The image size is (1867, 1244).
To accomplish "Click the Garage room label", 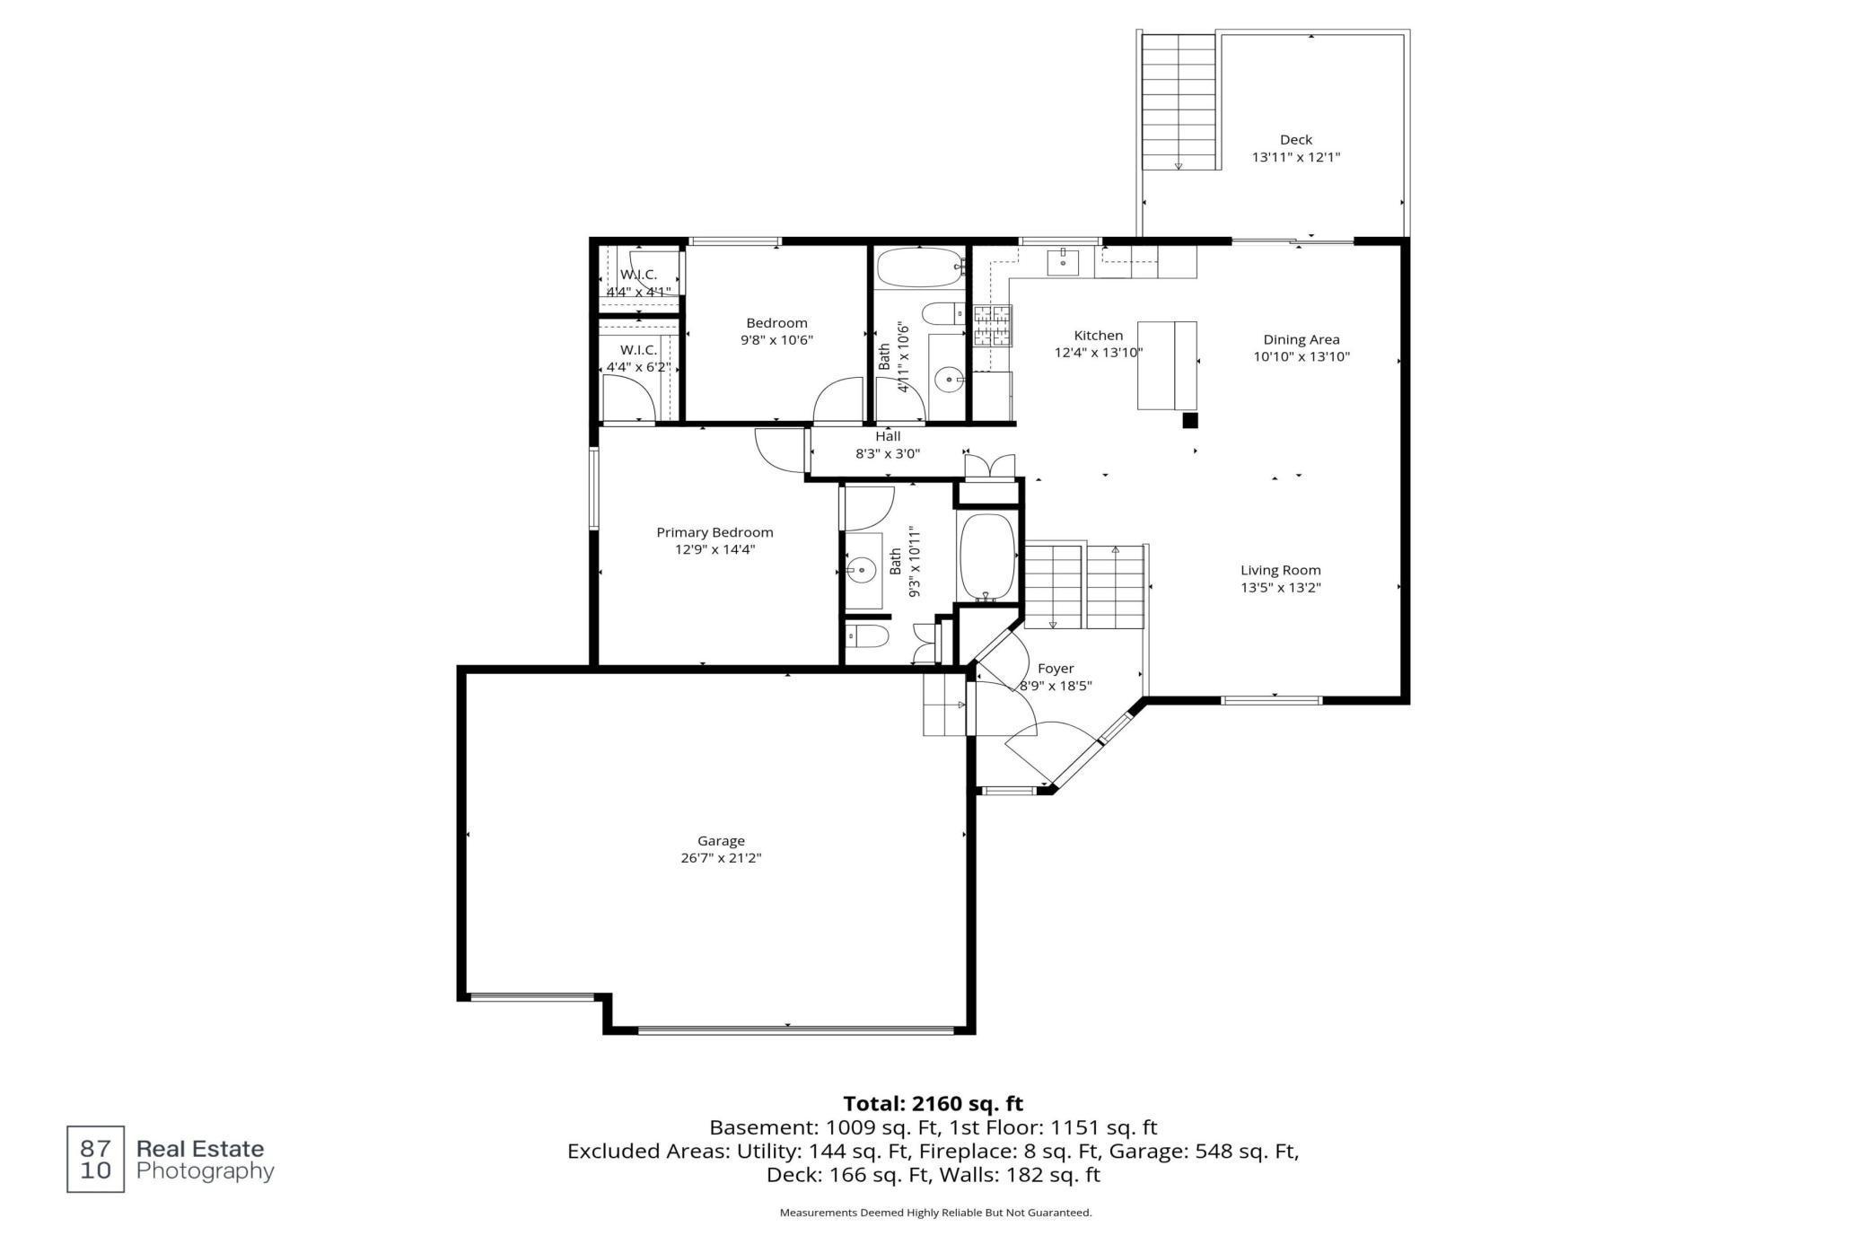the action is coord(721,841).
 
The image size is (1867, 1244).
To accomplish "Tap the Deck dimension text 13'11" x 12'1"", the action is coord(1296,157).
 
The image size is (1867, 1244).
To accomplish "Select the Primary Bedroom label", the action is coord(714,532).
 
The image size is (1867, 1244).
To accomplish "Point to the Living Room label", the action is coord(1281,570).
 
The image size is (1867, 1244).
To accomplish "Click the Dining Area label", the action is coord(1302,339).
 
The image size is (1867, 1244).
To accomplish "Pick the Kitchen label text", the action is coord(1099,336).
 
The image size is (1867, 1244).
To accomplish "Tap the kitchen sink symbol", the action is coord(1064,261).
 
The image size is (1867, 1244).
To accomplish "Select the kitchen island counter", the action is coord(1167,365).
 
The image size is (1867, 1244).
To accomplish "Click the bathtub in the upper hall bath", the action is coord(920,267).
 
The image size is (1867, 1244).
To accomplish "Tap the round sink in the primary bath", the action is coord(862,569).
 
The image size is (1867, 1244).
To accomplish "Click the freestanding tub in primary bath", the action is coord(987,556).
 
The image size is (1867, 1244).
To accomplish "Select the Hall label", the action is coord(888,436).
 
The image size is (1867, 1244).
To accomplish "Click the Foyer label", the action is coord(1056,669).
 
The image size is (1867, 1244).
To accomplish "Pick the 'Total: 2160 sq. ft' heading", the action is coord(933,1103).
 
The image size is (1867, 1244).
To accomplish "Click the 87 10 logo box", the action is coord(96,1159).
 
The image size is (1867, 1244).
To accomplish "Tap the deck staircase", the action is coord(1178,101).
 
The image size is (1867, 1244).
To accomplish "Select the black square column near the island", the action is coord(1190,420).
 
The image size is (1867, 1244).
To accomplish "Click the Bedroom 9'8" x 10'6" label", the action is coord(777,331).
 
